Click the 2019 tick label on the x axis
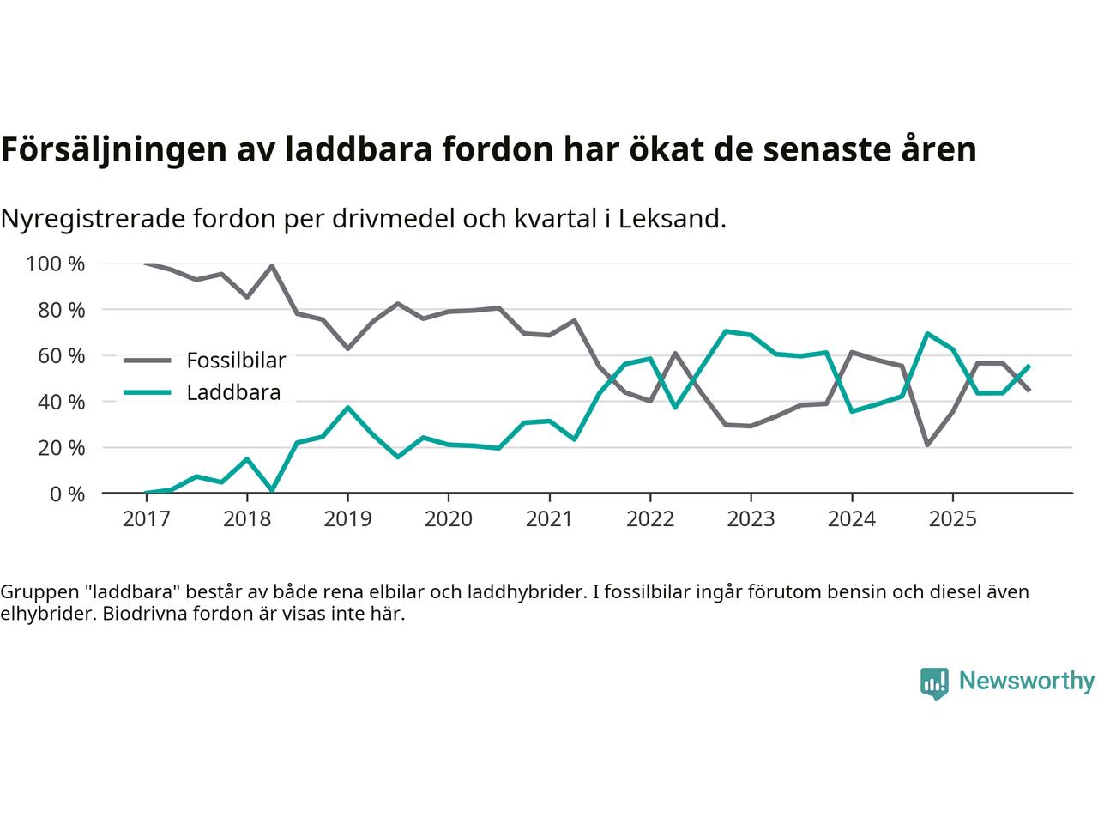point(347,519)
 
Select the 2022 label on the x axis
point(650,519)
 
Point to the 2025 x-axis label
point(952,519)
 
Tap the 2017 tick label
point(146,519)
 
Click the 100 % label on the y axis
point(56,264)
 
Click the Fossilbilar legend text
point(236,360)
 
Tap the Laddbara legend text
point(233,393)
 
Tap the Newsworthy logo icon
point(935,682)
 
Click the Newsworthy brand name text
point(1027,681)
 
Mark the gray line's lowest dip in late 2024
point(927,445)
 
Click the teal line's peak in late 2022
point(726,330)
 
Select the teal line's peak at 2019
point(347,407)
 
